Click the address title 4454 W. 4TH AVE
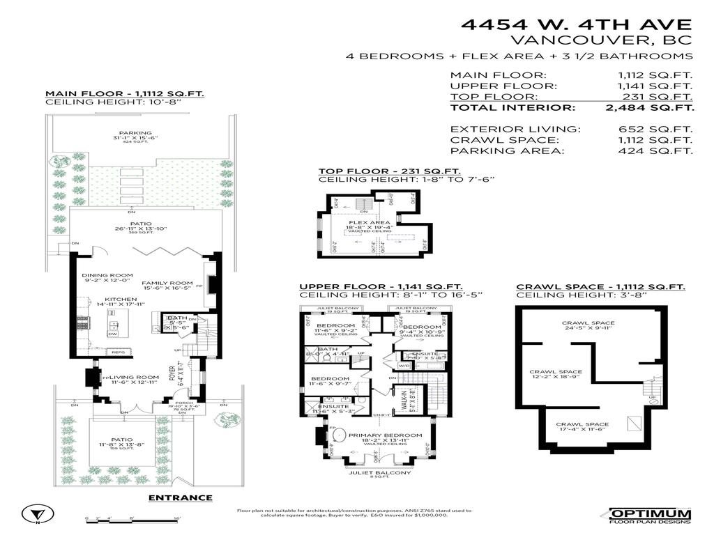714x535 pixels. tap(577, 25)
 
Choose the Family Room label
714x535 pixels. tap(167, 284)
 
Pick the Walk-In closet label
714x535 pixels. tap(402, 399)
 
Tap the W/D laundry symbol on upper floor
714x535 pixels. tap(404, 365)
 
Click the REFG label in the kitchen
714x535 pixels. tap(118, 352)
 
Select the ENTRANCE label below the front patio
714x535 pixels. tap(181, 497)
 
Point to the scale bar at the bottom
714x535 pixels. tap(132, 518)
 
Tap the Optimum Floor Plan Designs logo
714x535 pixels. tap(650, 515)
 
